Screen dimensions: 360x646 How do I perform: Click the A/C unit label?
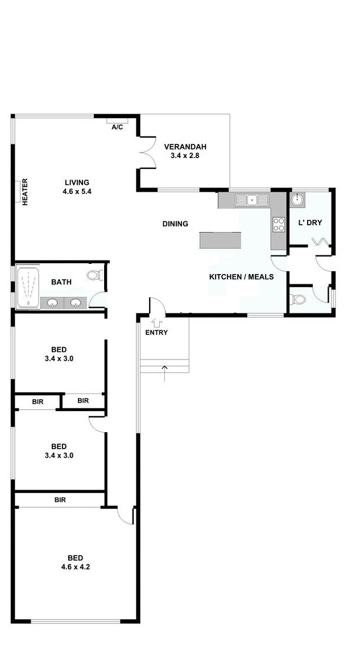point(117,127)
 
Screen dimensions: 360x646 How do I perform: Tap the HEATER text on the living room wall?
point(24,192)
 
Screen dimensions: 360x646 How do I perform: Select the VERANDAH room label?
point(185,147)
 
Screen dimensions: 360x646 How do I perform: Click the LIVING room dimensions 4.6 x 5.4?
point(77,192)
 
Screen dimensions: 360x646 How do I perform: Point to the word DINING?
point(175,223)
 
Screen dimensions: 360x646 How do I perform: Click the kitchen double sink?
point(252,200)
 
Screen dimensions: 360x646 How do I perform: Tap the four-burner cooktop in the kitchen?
point(279,225)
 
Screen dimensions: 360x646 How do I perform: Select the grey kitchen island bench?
point(220,240)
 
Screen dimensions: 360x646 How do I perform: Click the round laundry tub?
point(297,200)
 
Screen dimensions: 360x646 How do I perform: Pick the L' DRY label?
point(310,222)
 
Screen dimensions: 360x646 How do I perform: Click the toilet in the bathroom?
point(94,275)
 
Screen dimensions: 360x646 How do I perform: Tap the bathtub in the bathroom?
point(28,287)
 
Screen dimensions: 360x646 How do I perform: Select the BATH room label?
point(61,282)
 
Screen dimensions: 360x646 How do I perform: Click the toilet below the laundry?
point(297,299)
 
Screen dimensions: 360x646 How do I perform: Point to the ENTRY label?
point(156,333)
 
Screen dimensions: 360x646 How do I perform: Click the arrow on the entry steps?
point(165,373)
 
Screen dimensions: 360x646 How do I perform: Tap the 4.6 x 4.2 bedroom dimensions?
point(76,567)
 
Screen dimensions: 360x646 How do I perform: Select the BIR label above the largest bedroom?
point(60,500)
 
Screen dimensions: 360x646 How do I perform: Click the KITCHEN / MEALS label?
point(241,277)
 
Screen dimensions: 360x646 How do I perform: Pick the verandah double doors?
point(148,152)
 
